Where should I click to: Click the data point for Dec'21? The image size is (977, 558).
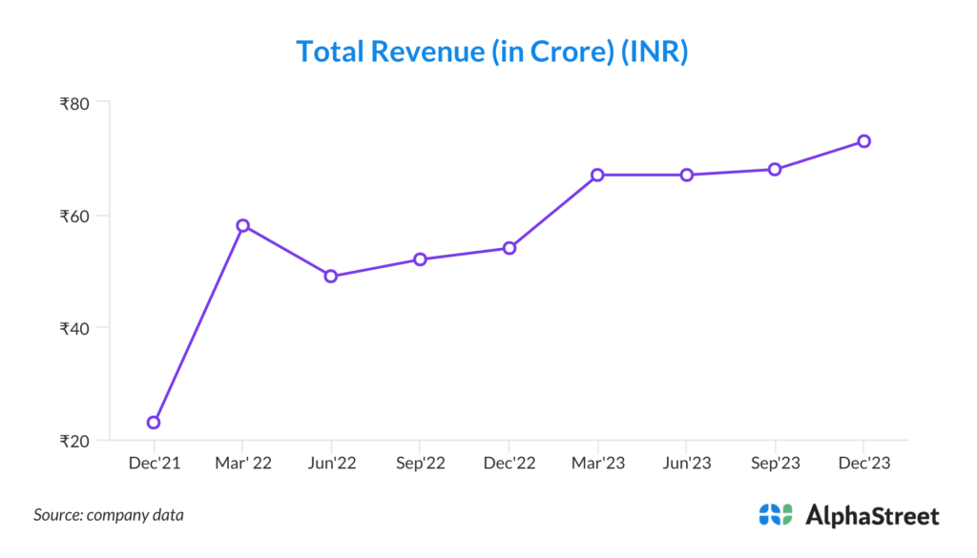click(x=154, y=422)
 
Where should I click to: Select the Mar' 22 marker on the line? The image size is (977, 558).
click(x=242, y=225)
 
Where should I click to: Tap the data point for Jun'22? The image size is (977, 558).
click(x=331, y=276)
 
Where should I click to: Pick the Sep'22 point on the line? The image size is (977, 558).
click(x=420, y=258)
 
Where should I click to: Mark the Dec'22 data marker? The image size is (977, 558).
click(x=509, y=248)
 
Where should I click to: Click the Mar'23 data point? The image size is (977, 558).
click(x=597, y=175)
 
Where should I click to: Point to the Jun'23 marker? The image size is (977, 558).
click(x=686, y=175)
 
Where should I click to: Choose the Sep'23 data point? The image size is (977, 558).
click(x=775, y=169)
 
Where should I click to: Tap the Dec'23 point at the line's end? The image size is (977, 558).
click(x=863, y=141)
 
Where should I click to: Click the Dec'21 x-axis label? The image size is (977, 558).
click(x=154, y=464)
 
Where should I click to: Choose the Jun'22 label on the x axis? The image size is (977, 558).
click(x=331, y=464)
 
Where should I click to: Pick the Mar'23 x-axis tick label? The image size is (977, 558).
click(x=597, y=464)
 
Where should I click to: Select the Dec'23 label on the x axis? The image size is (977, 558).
click(x=863, y=464)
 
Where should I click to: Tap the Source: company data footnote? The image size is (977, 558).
click(x=109, y=515)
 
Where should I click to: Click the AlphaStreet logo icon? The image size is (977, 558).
click(x=776, y=515)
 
